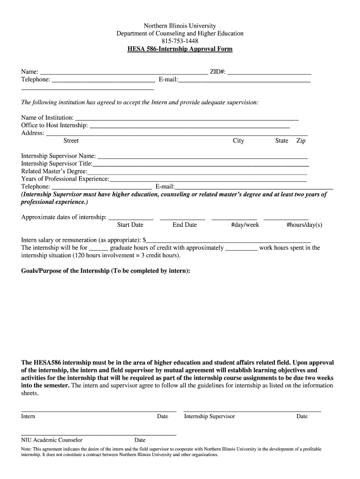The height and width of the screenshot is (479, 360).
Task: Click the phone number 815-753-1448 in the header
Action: [x=180, y=41]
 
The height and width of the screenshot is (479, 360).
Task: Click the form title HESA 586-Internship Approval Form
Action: [x=180, y=49]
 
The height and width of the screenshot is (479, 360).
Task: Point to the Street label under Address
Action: [x=71, y=141]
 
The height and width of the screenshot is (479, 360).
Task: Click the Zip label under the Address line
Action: [x=301, y=141]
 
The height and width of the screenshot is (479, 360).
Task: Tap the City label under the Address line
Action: [x=238, y=141]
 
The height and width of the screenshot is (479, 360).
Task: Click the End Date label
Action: [x=185, y=225]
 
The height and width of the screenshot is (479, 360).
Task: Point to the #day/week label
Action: [x=245, y=225]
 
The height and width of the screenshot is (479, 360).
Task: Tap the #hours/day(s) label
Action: [x=304, y=225]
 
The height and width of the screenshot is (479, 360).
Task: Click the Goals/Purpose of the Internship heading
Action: [x=106, y=271]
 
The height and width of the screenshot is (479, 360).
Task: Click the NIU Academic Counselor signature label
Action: [x=52, y=440]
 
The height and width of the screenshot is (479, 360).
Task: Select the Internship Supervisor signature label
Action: [x=209, y=417]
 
